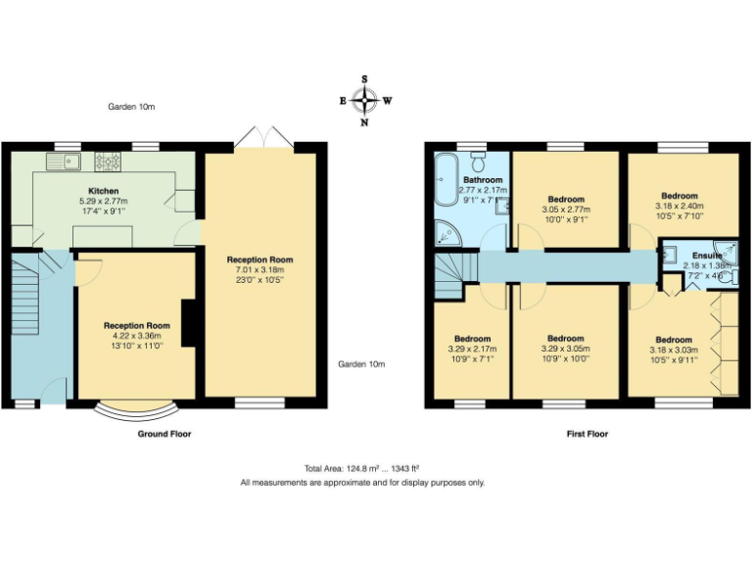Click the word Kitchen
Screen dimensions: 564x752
coord(104,191)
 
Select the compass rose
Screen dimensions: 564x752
coord(365,99)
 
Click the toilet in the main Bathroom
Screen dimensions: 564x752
coord(478,160)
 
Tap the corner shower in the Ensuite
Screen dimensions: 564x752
coord(725,249)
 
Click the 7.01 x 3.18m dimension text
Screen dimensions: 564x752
coord(259,270)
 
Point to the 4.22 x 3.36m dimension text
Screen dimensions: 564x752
coord(137,336)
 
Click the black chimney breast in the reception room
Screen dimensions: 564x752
coord(188,324)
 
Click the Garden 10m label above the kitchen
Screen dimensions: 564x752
coord(131,107)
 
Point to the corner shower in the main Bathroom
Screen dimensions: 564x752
coord(445,233)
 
